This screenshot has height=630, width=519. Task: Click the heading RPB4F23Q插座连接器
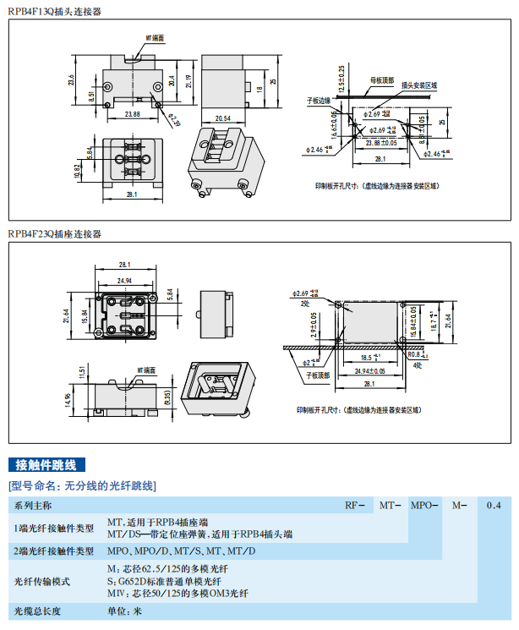click(54, 233)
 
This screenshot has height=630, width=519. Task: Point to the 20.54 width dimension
click(224, 117)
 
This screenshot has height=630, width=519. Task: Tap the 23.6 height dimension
click(72, 79)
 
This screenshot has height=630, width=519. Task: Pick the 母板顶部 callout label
click(382, 81)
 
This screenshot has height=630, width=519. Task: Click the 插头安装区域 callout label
click(420, 85)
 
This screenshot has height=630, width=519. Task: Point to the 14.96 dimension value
click(81, 400)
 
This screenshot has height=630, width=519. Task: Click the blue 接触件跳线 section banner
click(46, 465)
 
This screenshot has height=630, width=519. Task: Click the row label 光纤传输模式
click(41, 581)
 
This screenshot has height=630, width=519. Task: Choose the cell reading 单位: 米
click(124, 611)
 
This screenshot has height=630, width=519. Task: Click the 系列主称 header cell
click(33, 506)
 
